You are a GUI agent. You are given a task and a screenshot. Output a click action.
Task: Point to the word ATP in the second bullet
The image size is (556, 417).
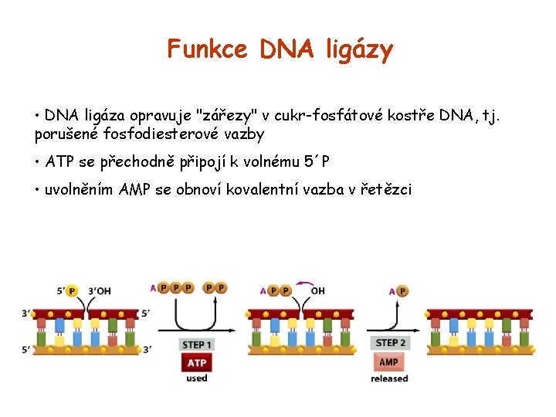[59, 161]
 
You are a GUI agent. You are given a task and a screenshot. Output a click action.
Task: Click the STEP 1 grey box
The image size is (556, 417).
[197, 344]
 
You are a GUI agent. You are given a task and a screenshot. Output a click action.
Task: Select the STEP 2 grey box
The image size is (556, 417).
[390, 343]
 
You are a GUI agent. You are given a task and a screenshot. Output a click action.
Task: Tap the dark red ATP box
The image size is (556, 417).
[197, 362]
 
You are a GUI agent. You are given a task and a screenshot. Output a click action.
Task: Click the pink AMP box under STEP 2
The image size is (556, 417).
[389, 361]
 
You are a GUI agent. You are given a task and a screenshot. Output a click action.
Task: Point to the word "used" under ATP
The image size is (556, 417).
[197, 378]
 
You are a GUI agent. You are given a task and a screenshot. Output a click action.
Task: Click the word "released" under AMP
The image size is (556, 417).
[389, 378]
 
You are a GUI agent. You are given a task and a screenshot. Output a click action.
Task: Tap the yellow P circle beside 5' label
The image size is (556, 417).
[73, 291]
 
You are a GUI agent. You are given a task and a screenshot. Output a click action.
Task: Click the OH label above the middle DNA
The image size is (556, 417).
[317, 291]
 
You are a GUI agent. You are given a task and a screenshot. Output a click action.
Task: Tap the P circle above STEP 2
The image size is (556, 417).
[402, 291]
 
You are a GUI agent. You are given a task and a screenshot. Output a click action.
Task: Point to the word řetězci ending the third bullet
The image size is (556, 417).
[385, 189]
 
